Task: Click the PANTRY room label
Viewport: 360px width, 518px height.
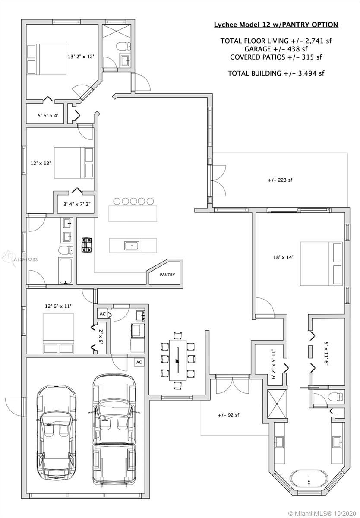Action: click(167, 275)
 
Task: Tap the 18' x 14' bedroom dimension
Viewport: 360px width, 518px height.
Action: click(283, 257)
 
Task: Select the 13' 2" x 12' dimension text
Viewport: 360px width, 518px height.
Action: click(81, 56)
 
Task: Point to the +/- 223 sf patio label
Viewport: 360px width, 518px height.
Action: click(280, 180)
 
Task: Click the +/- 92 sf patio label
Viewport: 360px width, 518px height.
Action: click(228, 415)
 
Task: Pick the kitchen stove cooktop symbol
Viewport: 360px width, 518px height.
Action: click(86, 245)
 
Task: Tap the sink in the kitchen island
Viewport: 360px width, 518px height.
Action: click(132, 246)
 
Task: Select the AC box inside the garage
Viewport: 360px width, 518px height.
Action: click(139, 362)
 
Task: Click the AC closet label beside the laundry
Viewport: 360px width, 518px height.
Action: click(103, 313)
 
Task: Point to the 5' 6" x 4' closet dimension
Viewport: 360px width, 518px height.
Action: click(48, 115)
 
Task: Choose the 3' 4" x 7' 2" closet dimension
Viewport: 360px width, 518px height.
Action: click(77, 204)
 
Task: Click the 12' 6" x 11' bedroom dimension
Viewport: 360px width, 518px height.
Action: click(58, 306)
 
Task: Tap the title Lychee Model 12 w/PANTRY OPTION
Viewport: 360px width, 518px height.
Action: click(276, 25)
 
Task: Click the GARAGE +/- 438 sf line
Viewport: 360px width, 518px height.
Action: click(276, 49)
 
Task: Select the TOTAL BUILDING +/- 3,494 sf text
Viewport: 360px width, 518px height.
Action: click(276, 73)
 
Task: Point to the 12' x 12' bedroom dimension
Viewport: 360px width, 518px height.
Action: click(41, 163)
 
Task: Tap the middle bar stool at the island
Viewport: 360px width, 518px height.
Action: click(133, 201)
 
